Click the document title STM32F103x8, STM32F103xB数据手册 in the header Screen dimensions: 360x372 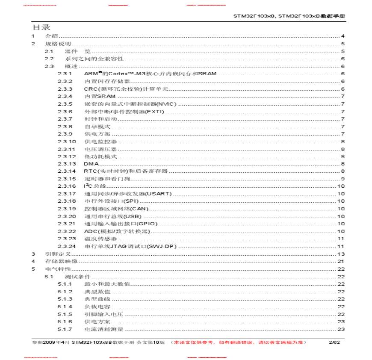(289, 16)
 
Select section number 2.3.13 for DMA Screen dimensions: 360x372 (67, 164)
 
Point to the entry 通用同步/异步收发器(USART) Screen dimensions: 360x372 (128, 194)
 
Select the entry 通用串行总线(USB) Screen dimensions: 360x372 (113, 216)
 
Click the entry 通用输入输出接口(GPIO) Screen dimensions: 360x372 (121, 224)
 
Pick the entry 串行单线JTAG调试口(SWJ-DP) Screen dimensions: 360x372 (130, 246)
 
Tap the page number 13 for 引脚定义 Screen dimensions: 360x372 (341, 254)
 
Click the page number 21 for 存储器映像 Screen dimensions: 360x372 (341, 261)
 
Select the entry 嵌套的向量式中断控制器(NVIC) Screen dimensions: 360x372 (130, 104)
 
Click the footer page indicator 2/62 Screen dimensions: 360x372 (334, 342)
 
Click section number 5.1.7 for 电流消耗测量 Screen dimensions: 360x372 (65, 329)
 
